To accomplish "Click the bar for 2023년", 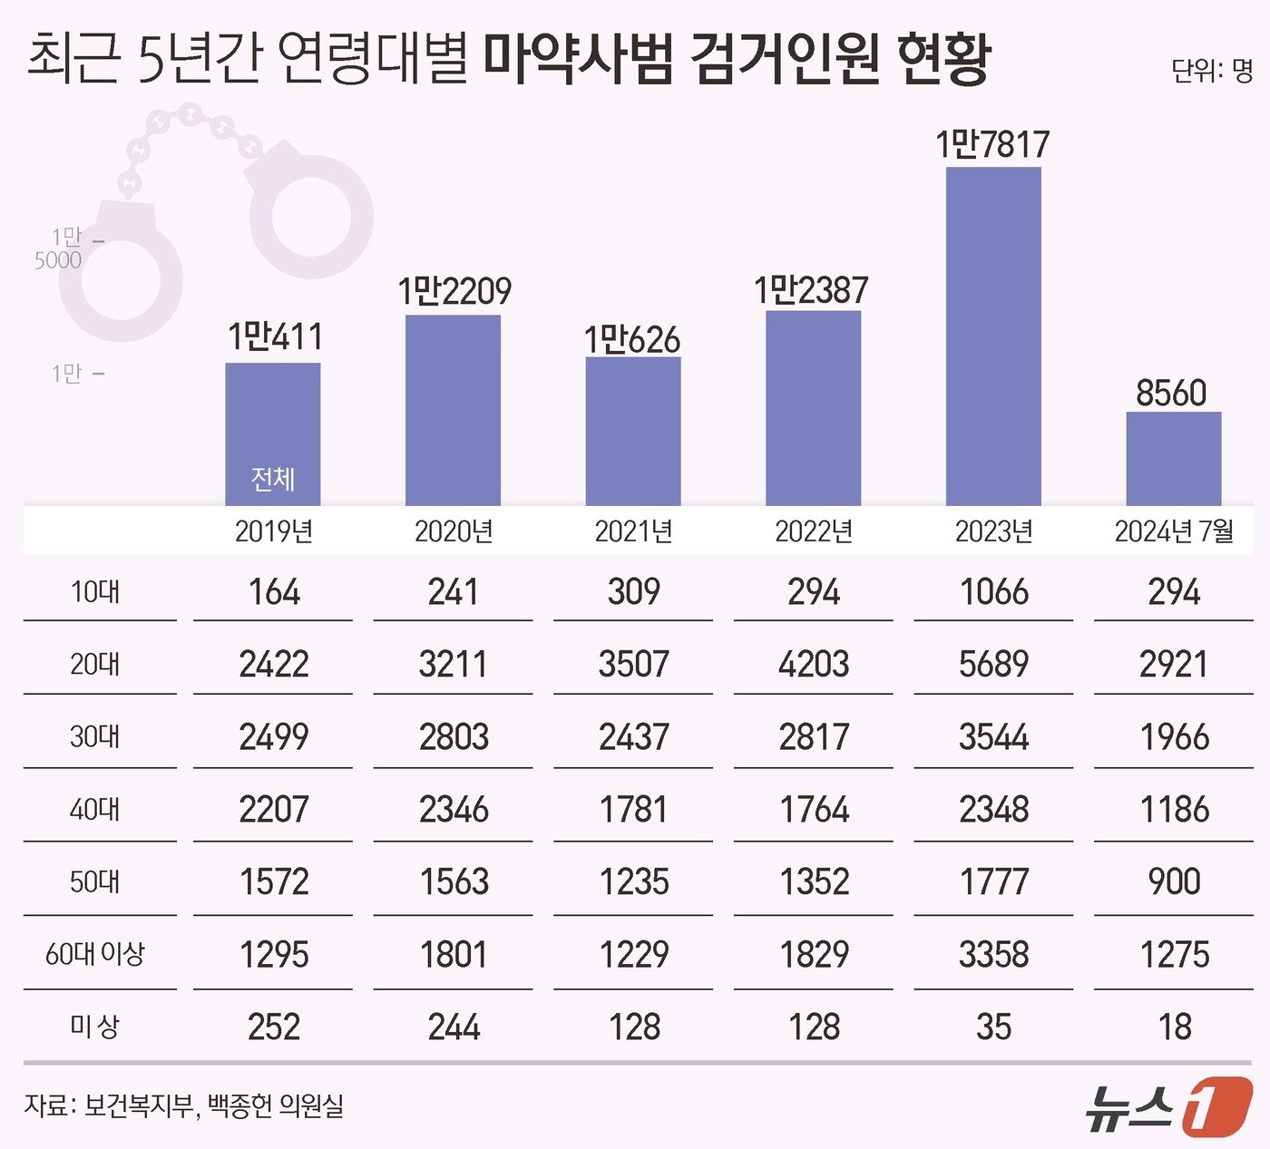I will (x=993, y=336).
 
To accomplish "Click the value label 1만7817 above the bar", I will (x=992, y=145).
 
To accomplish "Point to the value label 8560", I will (x=1171, y=394).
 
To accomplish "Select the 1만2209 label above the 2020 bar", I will (x=454, y=291).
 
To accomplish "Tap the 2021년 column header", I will (x=633, y=531).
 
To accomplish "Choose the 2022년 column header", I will (x=814, y=531).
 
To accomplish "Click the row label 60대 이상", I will (x=95, y=954).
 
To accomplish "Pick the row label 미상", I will (x=95, y=1027).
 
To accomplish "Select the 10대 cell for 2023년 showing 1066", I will (x=993, y=592).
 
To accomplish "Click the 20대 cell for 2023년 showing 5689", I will (x=993, y=665).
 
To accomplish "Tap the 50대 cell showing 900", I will (x=1174, y=881).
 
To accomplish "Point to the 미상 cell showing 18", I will (x=1174, y=1027).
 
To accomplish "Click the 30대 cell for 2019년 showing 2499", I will (x=273, y=737).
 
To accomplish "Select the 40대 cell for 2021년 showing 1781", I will (x=633, y=810).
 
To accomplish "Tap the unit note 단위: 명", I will (x=1211, y=71).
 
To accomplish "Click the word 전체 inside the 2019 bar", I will (x=272, y=478).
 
